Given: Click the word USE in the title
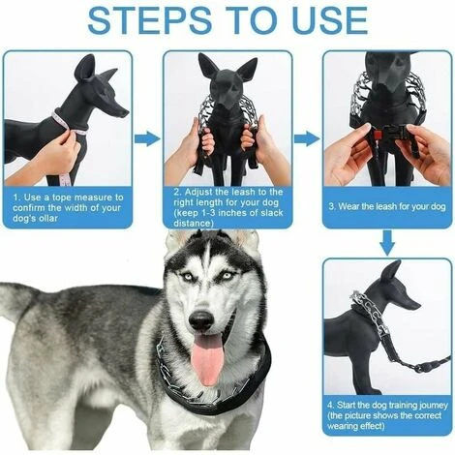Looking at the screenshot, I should tap(328, 20).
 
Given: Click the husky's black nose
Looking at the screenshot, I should tap(201, 320).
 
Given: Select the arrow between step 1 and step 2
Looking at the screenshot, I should tap(146, 138).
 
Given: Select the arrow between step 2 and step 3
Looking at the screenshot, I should tap(306, 138).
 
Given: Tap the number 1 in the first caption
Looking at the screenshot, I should tap(16, 196).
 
